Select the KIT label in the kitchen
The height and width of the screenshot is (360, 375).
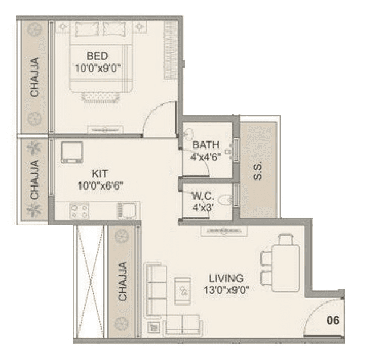tap(99, 173)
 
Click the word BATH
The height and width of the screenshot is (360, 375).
tap(206, 145)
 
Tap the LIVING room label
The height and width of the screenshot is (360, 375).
tap(226, 278)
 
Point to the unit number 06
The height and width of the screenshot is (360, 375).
tap(333, 320)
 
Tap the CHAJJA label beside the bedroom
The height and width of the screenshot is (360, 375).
tap(35, 77)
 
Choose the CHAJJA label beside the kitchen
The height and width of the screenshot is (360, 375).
tap(35, 179)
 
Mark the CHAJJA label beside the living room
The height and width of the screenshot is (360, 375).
tap(122, 281)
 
